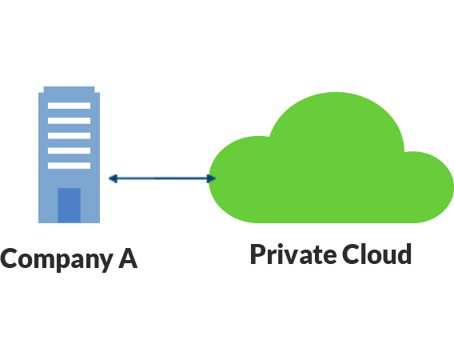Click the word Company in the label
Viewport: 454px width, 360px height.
coord(57,260)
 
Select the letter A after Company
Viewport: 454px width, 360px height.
coord(128,258)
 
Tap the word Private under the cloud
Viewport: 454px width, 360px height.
coord(293,254)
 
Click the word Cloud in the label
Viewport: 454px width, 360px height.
coord(376,254)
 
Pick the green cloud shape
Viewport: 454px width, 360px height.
coord(331,162)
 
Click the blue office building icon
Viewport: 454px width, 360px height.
coord(70,154)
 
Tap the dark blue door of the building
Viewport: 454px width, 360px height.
coord(69,206)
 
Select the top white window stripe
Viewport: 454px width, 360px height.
coord(70,106)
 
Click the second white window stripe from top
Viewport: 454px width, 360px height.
coord(70,121)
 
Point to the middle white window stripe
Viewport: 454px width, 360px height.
coord(70,136)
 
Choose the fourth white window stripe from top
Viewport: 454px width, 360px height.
coord(70,150)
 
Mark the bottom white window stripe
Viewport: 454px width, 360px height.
coord(70,166)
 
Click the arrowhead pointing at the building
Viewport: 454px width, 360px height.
coord(113,178)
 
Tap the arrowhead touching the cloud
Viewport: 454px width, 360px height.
coord(211,178)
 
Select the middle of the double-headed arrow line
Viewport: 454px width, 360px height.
coord(162,178)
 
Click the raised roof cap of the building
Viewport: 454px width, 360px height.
coord(70,90)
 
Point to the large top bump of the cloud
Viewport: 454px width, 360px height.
coord(337,122)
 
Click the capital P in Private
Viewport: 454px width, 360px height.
coord(258,254)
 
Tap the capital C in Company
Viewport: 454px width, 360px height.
coord(9,258)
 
